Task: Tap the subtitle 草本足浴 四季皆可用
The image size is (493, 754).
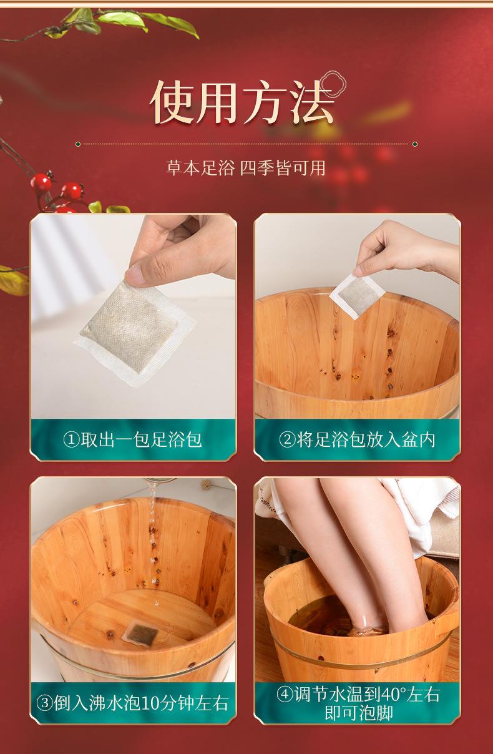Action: tap(246, 168)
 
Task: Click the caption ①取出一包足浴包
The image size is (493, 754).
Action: tap(133, 439)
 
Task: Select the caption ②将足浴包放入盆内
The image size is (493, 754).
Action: tap(357, 439)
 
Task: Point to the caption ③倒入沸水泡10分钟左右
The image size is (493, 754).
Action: tap(133, 704)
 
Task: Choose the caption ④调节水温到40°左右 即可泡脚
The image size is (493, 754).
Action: tap(358, 703)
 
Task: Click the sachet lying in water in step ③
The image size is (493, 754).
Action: tap(141, 633)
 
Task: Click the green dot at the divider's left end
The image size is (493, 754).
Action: tap(77, 144)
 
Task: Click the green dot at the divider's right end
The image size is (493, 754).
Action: tap(415, 144)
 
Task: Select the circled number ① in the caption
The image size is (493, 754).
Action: tap(71, 440)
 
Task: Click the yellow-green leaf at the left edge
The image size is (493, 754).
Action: tap(12, 280)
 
